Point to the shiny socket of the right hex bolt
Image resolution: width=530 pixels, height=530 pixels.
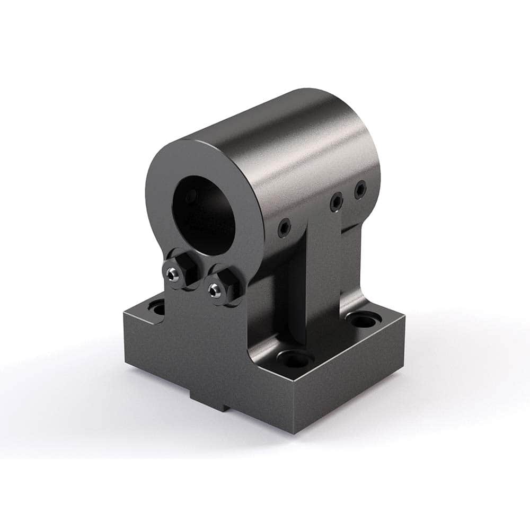214,289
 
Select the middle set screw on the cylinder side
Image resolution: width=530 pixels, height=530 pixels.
335,202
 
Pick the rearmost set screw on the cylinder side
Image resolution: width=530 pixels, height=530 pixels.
360,189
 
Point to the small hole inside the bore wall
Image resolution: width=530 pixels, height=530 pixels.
190,197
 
